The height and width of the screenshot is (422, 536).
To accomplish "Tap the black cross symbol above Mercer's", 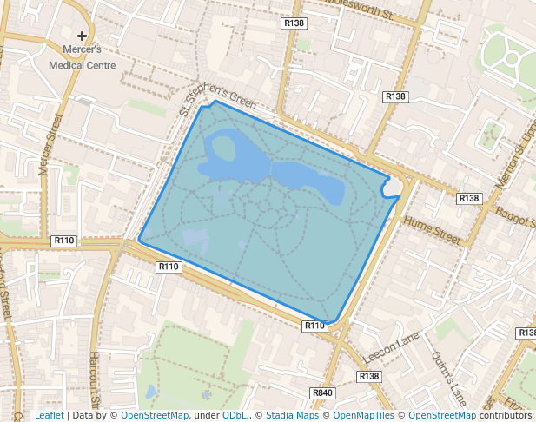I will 83,36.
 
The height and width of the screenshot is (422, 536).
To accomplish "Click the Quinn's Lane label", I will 448,379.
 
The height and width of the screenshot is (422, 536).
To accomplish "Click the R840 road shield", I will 322,393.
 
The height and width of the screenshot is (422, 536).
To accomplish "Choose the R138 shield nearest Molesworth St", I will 294,23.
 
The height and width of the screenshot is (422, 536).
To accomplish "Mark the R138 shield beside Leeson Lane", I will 369,376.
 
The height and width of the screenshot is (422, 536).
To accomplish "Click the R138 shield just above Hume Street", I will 469,199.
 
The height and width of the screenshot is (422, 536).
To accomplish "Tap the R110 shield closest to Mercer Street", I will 64,240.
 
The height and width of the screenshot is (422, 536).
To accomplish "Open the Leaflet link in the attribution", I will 49,415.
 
